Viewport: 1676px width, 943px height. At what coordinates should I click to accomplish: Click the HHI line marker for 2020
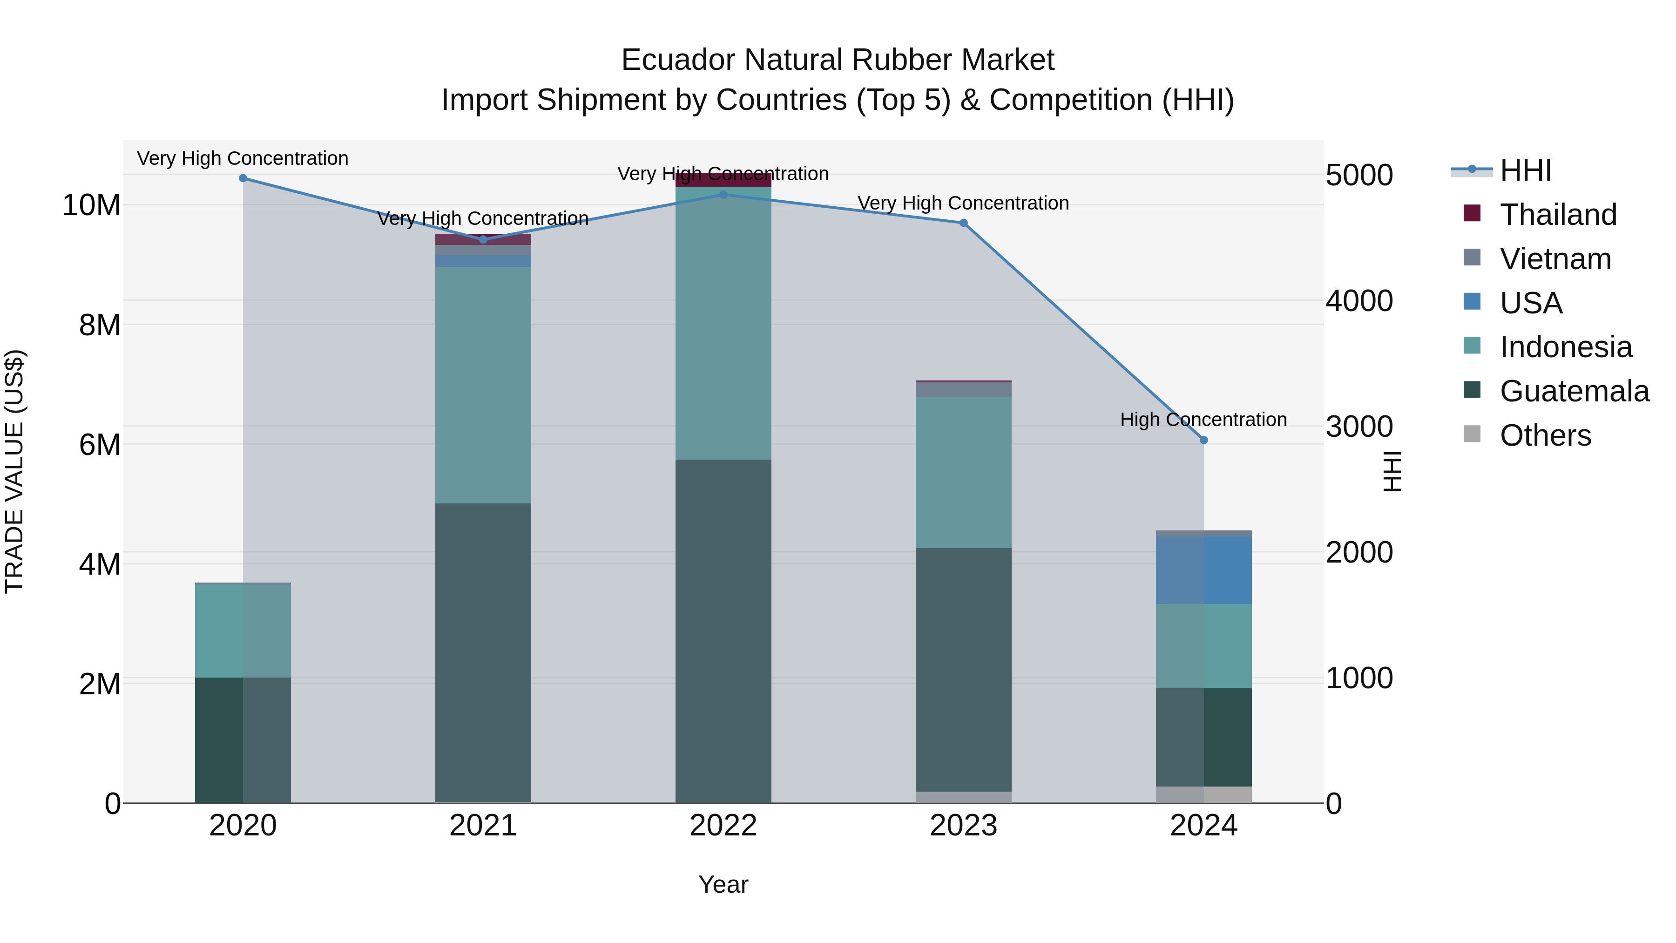coord(243,178)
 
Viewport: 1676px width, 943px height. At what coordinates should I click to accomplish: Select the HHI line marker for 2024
coord(1203,441)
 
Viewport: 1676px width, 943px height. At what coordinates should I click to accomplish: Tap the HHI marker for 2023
coord(964,223)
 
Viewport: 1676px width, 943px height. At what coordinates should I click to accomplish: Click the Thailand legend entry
coord(1558,215)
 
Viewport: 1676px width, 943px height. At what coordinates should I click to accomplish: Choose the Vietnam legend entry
coord(1555,259)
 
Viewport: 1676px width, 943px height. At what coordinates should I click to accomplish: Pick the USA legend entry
coord(1530,303)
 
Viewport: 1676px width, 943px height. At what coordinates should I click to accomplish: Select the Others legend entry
coord(1545,435)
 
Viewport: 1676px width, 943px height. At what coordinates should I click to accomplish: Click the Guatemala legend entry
coord(1575,391)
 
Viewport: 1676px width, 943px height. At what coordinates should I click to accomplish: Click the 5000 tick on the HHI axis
coord(1359,176)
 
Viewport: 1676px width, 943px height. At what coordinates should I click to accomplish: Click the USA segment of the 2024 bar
coord(1203,570)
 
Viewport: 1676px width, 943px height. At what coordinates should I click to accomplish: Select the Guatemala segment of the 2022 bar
coord(723,631)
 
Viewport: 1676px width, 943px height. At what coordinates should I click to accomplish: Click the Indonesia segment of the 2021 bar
coord(483,385)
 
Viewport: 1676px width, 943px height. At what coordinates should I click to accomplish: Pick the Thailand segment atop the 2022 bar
coord(723,180)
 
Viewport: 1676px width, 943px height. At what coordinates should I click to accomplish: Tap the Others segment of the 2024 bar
coord(1203,794)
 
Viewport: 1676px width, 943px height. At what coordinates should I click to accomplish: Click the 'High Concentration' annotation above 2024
coord(1203,420)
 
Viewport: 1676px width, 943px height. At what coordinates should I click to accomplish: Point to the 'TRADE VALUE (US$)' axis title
coord(14,471)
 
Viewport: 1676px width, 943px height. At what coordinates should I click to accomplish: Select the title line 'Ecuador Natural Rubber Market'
coord(838,60)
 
